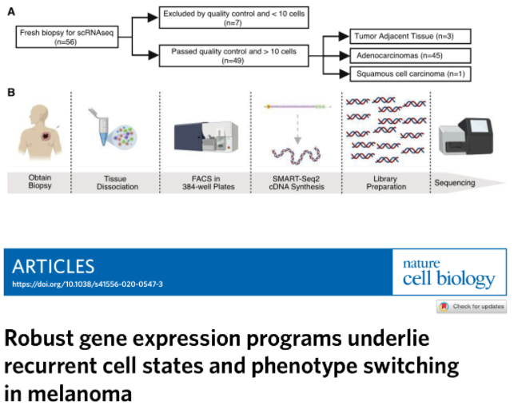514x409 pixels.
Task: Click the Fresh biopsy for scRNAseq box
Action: (67, 37)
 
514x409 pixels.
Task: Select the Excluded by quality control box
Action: (233, 18)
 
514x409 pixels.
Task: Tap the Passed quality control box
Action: (233, 56)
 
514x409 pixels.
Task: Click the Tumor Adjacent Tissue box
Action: (410, 36)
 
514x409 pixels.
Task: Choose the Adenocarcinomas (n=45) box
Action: (410, 56)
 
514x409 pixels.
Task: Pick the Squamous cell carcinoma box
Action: (410, 74)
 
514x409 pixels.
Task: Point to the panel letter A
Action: (11, 12)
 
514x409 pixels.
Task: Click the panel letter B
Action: (11, 93)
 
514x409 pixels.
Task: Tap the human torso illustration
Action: (40, 132)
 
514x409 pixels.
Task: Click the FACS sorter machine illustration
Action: (206, 137)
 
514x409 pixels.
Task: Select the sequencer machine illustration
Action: (466, 137)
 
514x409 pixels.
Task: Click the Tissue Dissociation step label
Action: (117, 183)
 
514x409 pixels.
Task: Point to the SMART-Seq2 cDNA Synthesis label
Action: (297, 183)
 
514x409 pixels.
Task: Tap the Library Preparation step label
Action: (386, 183)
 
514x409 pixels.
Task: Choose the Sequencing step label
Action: (455, 183)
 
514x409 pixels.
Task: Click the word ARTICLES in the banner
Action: (54, 267)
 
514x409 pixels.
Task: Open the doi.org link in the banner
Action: (87, 284)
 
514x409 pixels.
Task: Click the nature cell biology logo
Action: (448, 272)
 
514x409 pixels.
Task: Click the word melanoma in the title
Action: (80, 394)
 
